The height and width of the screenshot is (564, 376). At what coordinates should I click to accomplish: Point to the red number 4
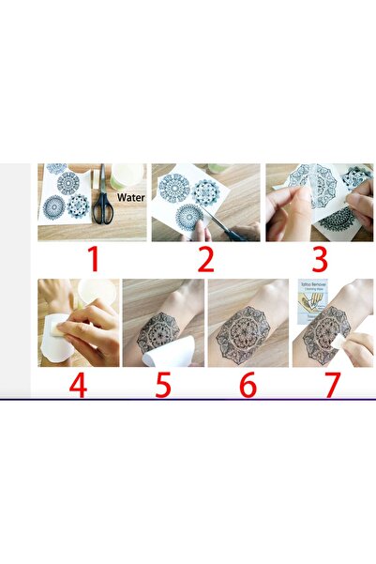coord(79,385)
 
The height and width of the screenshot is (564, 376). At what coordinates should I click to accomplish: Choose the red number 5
coord(163,385)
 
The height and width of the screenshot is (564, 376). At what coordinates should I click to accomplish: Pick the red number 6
coord(248,385)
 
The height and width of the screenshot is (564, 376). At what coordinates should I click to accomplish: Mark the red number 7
coord(332,385)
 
